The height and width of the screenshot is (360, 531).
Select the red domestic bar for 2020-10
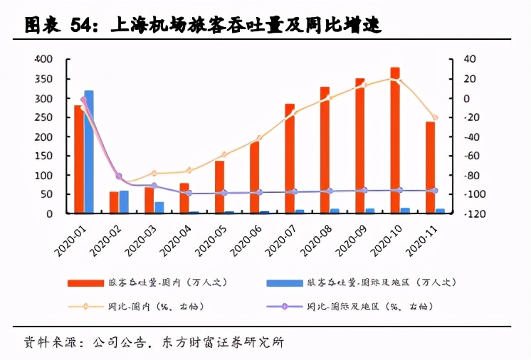pyautogui.click(x=395, y=140)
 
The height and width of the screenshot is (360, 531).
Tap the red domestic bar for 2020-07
pyautogui.click(x=290, y=158)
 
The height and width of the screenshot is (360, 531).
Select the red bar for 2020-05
pyautogui.click(x=219, y=186)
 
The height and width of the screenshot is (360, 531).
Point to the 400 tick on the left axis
pyautogui.click(x=43, y=59)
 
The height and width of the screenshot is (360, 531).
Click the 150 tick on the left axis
pyautogui.click(x=43, y=156)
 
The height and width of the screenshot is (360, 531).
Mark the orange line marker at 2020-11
pyautogui.click(x=435, y=117)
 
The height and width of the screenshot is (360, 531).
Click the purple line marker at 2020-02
pyautogui.click(x=119, y=176)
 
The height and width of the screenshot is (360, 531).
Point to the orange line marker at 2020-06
pyautogui.click(x=259, y=138)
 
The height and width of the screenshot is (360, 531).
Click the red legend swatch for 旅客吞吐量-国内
pyautogui.click(x=85, y=282)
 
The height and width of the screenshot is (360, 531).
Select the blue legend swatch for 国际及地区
pyautogui.click(x=284, y=282)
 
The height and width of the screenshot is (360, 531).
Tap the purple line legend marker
pyautogui.click(x=284, y=307)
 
